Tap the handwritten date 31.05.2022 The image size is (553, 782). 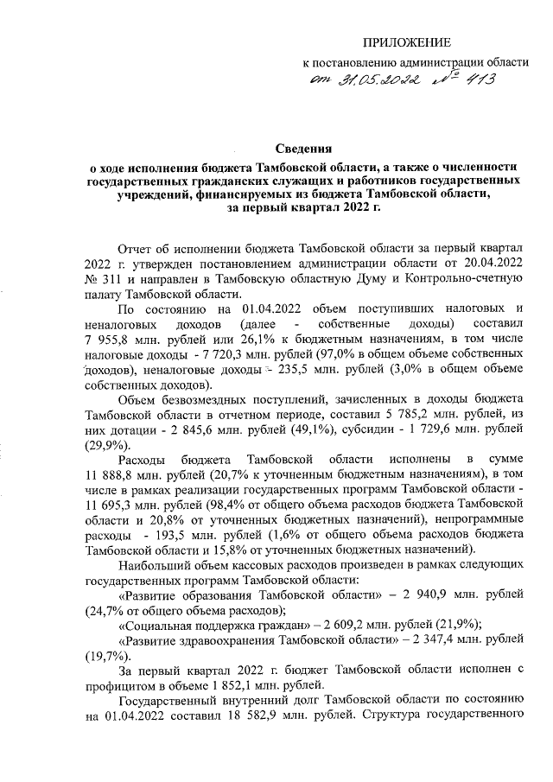point(374,81)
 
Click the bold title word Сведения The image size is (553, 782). point(302,149)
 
